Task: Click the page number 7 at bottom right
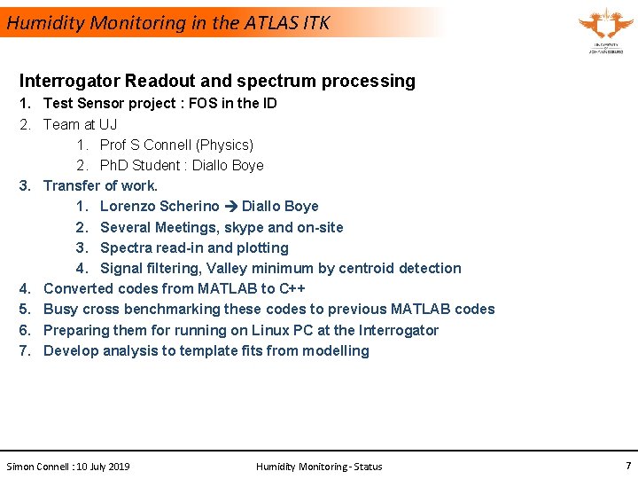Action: coord(628,466)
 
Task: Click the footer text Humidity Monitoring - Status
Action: coord(319,467)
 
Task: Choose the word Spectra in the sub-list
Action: coord(126,247)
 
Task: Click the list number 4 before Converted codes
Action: coord(25,288)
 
